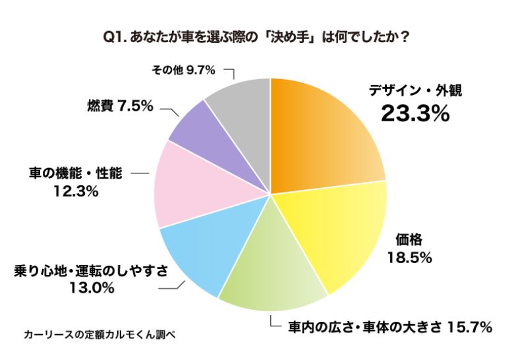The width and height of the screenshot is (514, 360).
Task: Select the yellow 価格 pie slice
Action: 336,231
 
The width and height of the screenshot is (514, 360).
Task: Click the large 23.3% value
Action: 415,114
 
